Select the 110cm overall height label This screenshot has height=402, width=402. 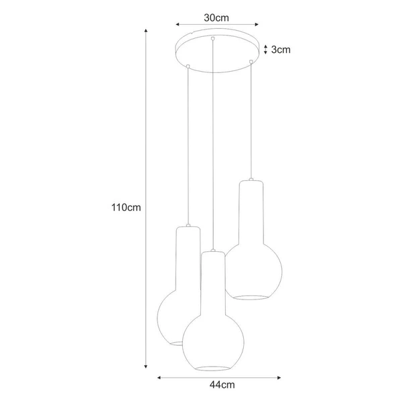point(125,207)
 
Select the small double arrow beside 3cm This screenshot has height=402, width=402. point(266,49)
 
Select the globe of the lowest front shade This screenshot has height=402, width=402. point(212,338)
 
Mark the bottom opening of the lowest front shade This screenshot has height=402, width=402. point(213,367)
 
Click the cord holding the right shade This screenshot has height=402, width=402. point(251,121)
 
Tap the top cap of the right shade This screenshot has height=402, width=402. point(251,181)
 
